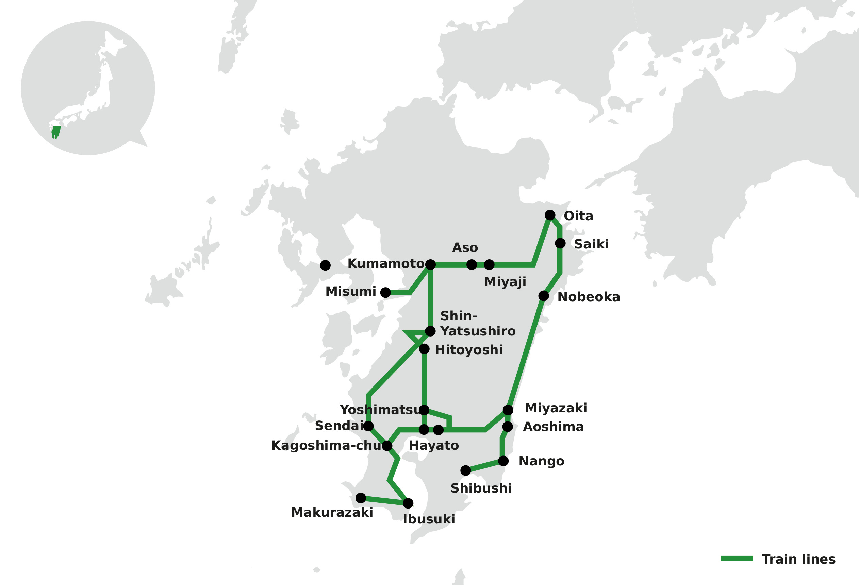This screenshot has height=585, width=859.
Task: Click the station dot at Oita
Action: pos(550,215)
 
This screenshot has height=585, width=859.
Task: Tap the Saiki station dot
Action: pos(560,243)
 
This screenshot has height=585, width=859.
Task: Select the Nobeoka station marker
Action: pos(544,296)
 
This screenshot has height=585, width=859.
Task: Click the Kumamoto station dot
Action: pos(430,264)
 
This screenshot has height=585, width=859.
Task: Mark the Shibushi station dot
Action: pos(466,470)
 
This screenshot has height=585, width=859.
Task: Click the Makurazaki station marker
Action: pos(361,498)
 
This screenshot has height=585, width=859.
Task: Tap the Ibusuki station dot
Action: pos(408,503)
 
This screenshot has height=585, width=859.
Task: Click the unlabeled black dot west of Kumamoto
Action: pos(325,265)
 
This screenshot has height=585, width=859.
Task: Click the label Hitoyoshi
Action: pos(469,350)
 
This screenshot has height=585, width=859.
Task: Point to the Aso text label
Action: pos(465,248)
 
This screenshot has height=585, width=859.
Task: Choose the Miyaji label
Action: pos(505,282)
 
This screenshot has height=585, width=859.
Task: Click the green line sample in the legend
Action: pos(737,558)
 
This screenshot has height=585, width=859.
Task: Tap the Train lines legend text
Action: pos(799,559)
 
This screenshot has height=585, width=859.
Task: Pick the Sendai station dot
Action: pos(368,426)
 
